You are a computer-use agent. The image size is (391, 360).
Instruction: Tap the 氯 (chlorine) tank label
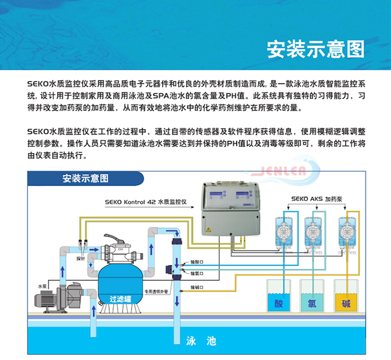tap(311, 303)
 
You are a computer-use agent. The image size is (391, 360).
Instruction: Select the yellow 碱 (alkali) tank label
tap(346, 303)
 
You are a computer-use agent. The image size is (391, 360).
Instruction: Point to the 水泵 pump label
tap(42, 286)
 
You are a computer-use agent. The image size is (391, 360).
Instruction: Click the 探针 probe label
tap(80, 258)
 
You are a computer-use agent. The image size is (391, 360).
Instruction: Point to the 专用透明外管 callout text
tap(156, 292)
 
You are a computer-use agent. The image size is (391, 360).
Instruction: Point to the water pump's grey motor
tap(47, 299)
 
